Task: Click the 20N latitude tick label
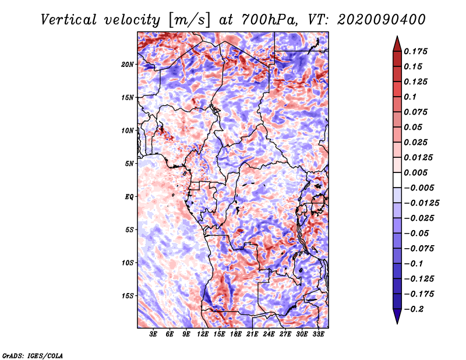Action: click(128, 64)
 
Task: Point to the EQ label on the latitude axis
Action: click(129, 197)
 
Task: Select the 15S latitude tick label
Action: click(128, 296)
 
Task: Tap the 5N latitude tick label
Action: click(129, 164)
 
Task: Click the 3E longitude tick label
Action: click(154, 335)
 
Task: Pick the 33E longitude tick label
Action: click(318, 335)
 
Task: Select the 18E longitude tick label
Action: click(236, 335)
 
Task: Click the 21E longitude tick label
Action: click(252, 335)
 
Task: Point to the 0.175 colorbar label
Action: click(416, 51)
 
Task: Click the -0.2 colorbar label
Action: click(414, 309)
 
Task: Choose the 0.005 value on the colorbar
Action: click(416, 172)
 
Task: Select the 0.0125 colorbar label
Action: click(419, 157)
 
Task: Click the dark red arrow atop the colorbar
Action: click(396, 43)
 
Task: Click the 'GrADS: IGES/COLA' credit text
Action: click(33, 355)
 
